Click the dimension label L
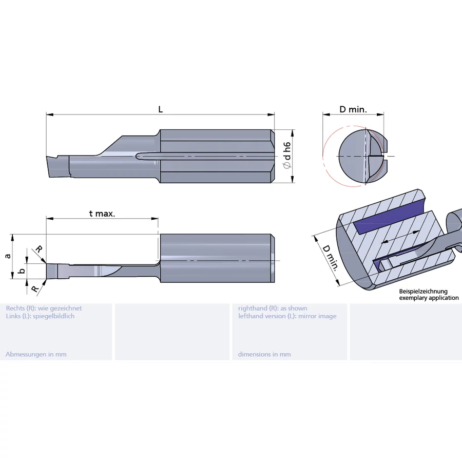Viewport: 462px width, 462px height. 160,109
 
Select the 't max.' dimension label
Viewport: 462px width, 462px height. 102,213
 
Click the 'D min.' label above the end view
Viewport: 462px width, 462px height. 353,109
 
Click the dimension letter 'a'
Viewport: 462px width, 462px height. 7,255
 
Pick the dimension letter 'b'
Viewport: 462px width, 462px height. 21,271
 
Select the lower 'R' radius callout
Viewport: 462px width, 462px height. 34,288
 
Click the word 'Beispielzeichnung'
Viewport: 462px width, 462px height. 423,292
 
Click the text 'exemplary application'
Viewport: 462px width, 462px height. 429,298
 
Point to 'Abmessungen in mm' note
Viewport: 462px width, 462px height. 36,354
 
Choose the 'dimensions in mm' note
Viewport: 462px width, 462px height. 264,354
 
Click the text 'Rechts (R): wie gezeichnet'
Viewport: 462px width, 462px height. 44,308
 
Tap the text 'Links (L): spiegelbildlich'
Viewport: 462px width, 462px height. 40,316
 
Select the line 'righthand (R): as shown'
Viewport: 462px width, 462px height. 273,308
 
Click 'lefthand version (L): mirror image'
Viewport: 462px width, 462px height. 287,316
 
